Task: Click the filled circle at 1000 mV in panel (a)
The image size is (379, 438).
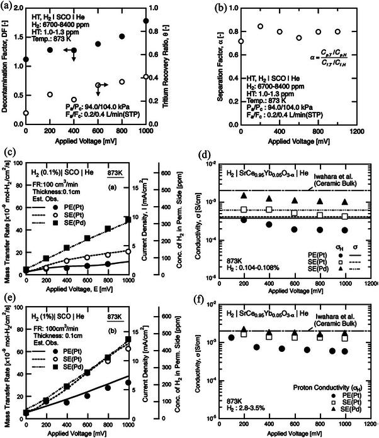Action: coord(146,21)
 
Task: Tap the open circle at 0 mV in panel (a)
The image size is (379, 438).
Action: coord(26,113)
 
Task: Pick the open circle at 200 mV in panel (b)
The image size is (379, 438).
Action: coord(260,26)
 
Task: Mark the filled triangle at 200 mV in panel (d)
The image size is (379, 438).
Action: coord(244,196)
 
